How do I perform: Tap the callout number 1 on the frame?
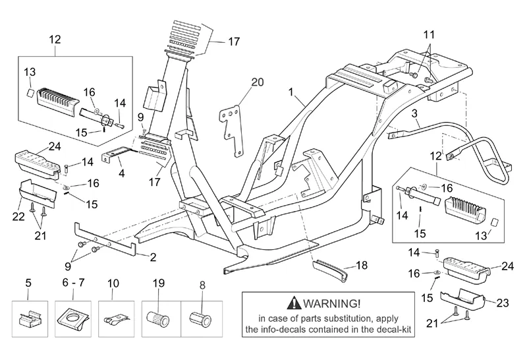[290, 94]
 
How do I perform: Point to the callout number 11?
[429, 34]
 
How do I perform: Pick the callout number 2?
[153, 256]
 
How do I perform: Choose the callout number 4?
[121, 175]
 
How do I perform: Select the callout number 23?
[503, 304]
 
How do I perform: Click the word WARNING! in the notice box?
[332, 303]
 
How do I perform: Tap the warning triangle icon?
[291, 304]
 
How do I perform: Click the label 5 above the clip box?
[28, 283]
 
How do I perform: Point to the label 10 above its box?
[113, 283]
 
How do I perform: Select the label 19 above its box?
[157, 283]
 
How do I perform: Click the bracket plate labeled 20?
[231, 122]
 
